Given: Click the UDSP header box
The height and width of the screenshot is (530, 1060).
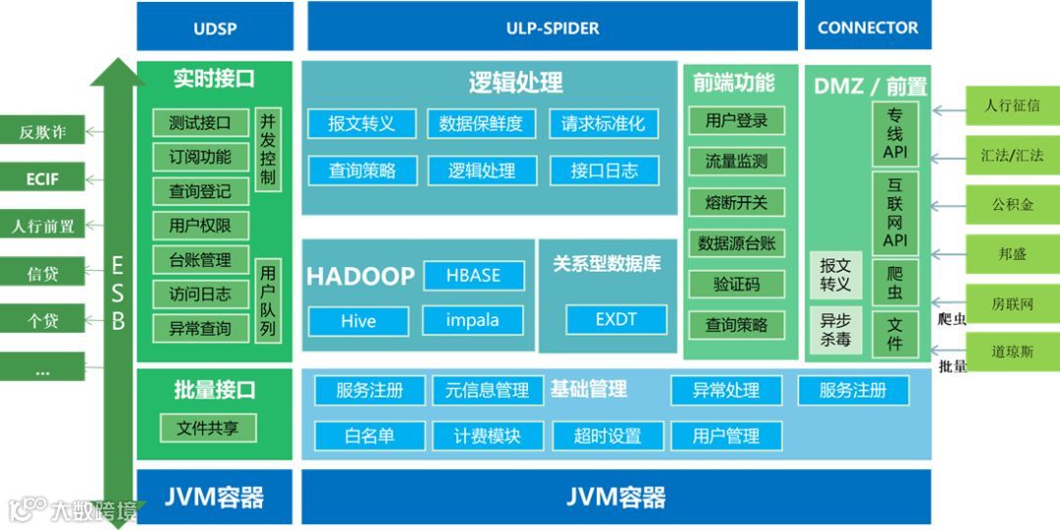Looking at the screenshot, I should [214, 26].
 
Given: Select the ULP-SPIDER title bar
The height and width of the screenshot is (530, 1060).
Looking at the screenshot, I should [553, 26].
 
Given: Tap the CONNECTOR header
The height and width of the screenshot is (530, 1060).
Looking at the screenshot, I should [868, 26].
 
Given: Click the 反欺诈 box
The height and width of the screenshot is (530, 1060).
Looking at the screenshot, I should [41, 132].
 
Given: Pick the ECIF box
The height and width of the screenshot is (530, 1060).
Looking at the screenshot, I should [41, 179].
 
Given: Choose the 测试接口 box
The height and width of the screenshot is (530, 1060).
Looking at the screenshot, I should [199, 123].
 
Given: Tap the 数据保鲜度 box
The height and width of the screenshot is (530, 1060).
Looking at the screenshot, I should [481, 124].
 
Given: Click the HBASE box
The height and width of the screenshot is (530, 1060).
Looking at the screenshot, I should [473, 276].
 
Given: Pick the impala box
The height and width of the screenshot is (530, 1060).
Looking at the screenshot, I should [472, 320].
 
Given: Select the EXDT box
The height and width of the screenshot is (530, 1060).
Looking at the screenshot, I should [616, 320].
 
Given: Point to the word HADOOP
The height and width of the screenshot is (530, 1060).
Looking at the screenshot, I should [360, 277].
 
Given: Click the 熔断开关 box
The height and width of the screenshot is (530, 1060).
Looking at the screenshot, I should [736, 202].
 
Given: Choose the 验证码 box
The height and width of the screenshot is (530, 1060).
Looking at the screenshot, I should [736, 285].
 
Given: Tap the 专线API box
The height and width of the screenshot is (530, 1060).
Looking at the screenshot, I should [894, 133].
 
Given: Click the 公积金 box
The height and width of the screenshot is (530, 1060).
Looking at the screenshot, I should [1012, 205].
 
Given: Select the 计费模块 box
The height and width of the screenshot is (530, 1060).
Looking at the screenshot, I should [487, 436].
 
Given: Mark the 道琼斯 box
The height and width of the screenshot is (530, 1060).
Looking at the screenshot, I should [1012, 351].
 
